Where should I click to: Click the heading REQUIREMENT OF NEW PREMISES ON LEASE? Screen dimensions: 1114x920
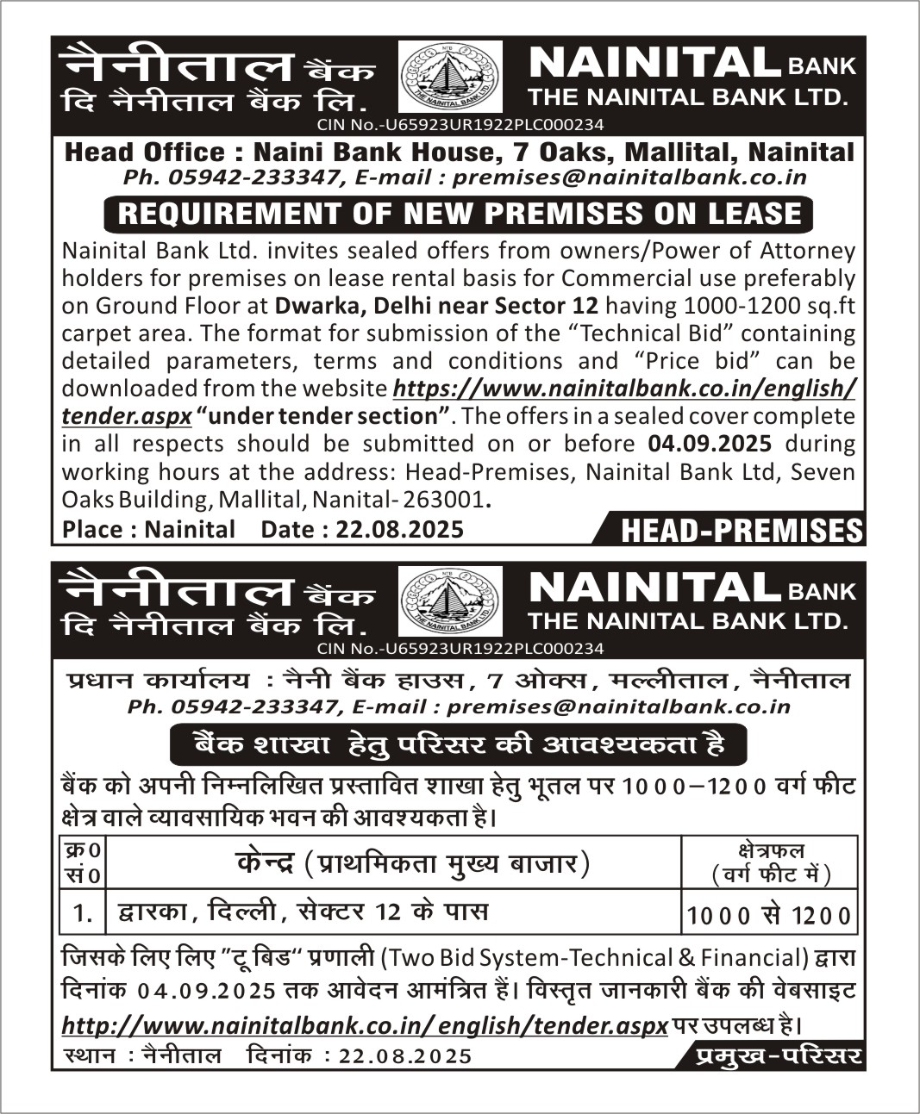(459, 213)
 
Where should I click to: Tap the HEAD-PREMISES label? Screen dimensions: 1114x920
(741, 531)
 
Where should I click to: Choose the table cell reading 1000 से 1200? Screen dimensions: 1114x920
(769, 915)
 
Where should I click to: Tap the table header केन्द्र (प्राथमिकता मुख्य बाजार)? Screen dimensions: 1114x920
(412, 862)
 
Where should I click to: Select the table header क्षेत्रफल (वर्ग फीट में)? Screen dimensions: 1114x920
(771, 862)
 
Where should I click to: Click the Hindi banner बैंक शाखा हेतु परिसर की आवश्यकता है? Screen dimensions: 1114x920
(459, 744)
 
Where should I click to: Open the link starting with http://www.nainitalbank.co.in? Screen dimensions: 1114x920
(365, 1025)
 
